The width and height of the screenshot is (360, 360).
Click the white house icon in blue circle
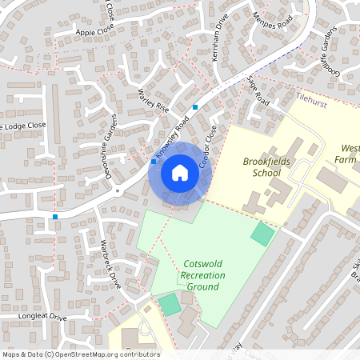[x=179, y=173]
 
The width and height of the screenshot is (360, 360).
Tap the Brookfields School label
[x=267, y=166]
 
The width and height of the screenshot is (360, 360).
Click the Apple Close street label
[x=95, y=30]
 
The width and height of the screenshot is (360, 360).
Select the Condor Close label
[x=208, y=142]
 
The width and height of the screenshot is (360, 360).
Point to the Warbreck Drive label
[x=110, y=263]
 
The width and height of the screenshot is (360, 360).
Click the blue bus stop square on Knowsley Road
[x=154, y=162]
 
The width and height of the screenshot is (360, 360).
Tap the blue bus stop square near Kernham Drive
[x=195, y=107]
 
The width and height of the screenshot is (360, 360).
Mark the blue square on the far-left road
[x=54, y=217]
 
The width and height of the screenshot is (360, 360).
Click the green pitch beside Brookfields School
[x=262, y=234]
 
